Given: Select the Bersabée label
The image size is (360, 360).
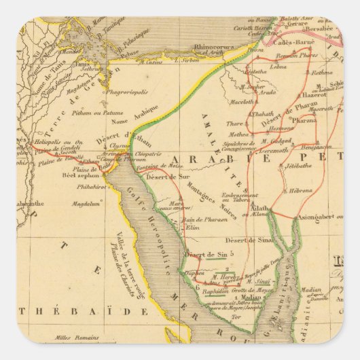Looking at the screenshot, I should pyautogui.click(x=324, y=30).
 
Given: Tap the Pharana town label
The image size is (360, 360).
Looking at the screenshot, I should pyautogui.click(x=304, y=120).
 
